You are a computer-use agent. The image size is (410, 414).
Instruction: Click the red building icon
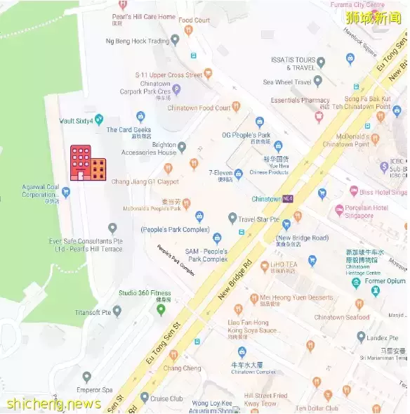pos(87,163)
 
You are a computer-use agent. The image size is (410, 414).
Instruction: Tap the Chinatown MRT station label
pos(266,199)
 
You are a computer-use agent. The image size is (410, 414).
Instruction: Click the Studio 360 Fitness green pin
pos(161,309)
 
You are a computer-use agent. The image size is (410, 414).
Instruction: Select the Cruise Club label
pos(166,398)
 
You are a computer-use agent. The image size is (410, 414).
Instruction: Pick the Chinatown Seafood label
pos(341,317)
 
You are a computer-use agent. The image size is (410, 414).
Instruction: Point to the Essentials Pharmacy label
pos(300,101)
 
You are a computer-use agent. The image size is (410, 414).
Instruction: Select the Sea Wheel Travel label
pos(287,82)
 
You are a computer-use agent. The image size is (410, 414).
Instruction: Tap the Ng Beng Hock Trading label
pos(138,41)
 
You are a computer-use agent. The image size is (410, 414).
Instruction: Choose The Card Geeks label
pos(128,130)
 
